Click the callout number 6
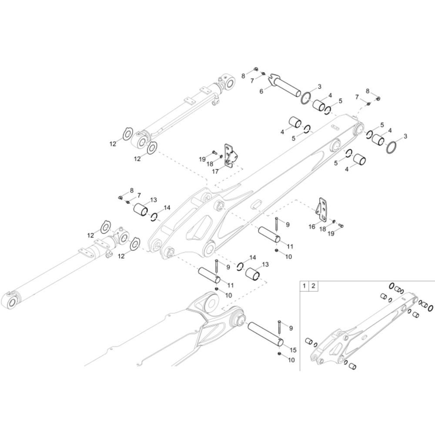coord(261,91)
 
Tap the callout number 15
coord(293,350)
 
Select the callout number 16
coord(312,227)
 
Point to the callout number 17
coord(215,172)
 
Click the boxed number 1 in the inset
coord(304,286)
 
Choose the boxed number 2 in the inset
coord(313,286)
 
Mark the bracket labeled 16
coord(322,210)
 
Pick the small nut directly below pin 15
coord(279,354)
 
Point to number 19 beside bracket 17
coord(202,159)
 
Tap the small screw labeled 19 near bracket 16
coord(341,226)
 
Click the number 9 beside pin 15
coord(291,328)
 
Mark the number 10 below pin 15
coord(291,360)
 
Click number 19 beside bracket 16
coord(331,234)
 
